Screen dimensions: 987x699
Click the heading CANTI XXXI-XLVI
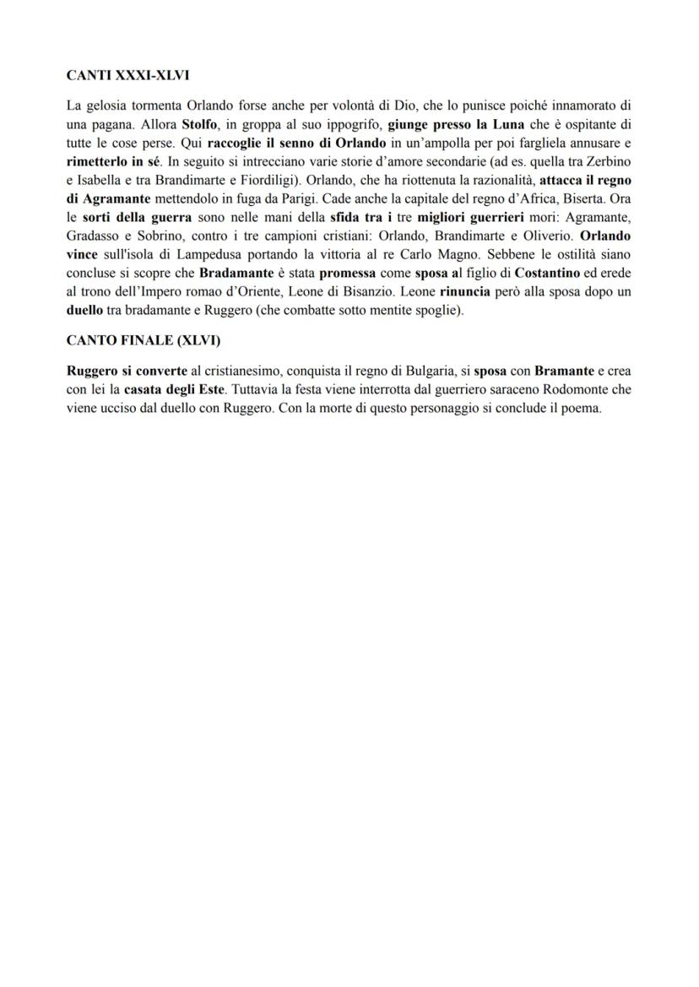click(127, 75)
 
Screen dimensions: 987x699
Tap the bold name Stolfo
click(199, 124)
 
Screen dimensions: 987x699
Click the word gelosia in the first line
click(106, 106)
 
